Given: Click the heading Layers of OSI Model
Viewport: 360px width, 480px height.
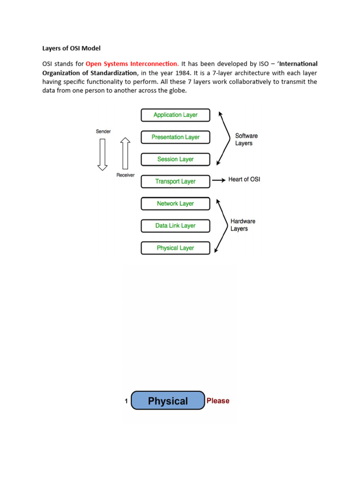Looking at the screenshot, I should (69, 48).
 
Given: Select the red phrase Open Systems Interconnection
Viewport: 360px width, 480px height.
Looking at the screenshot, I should (132, 63).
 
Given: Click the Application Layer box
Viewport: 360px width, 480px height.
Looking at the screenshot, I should (175, 115).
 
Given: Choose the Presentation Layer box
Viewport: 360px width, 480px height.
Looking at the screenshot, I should (175, 137).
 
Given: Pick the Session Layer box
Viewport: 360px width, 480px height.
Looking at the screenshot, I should (175, 159).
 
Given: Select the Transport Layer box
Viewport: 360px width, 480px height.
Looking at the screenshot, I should (175, 181).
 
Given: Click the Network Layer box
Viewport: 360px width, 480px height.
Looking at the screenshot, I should (175, 203).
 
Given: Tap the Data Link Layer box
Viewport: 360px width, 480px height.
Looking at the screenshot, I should (175, 225).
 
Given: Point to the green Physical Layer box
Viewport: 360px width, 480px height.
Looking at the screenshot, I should (175, 248).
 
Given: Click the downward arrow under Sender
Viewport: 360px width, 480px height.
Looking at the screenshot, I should (102, 154).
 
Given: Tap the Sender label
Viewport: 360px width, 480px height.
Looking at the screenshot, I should (103, 132).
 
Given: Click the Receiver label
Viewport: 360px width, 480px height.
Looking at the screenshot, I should (125, 175).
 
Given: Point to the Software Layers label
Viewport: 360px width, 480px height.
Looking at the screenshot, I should (246, 140).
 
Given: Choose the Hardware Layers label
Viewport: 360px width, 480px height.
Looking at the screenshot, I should (242, 225).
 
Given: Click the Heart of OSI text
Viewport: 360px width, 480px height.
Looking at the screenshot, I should (244, 180).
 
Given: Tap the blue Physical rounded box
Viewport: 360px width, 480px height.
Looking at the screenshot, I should (168, 401).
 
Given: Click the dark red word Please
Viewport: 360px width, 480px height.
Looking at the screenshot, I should (218, 401).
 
